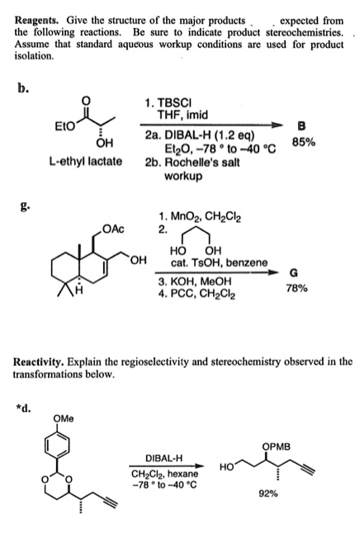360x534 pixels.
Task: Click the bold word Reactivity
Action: (42, 361)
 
